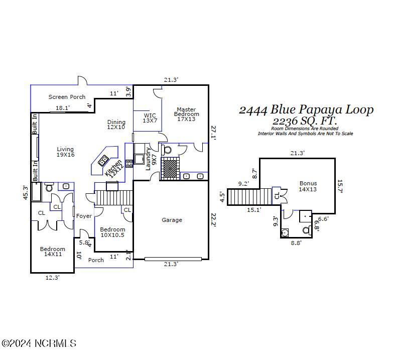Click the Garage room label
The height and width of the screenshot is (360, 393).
pyautogui.click(x=172, y=220)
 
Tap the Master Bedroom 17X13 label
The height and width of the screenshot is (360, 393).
pyautogui.click(x=185, y=114)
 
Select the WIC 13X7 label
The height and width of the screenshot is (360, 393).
pyautogui.click(x=150, y=117)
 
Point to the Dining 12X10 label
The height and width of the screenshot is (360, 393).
pyautogui.click(x=116, y=125)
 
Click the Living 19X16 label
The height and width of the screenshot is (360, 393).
pyautogui.click(x=65, y=152)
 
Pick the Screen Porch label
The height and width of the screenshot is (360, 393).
pyautogui.click(x=67, y=97)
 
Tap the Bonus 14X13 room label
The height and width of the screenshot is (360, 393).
pyautogui.click(x=308, y=186)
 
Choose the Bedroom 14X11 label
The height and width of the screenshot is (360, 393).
pyautogui.click(x=53, y=252)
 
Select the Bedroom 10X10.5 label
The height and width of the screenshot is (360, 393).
pyautogui.click(x=112, y=232)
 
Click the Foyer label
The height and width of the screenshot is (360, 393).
pyautogui.click(x=84, y=216)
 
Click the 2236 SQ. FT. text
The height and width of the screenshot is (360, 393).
pyautogui.click(x=305, y=122)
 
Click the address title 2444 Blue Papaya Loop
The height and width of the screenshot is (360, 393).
pyautogui.click(x=306, y=110)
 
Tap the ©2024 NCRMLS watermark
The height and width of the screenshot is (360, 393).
pyautogui.click(x=39, y=343)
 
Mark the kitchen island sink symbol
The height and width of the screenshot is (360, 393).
pyautogui.click(x=104, y=161)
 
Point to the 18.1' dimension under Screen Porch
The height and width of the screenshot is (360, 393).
pyautogui.click(x=63, y=108)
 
